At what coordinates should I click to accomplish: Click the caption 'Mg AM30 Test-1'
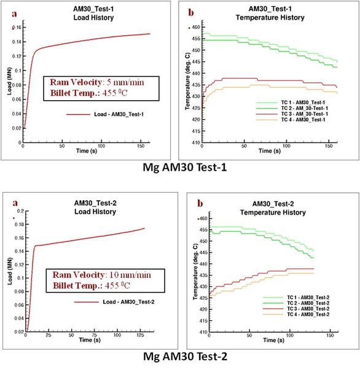181,166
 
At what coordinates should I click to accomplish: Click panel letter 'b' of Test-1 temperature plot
191,12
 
